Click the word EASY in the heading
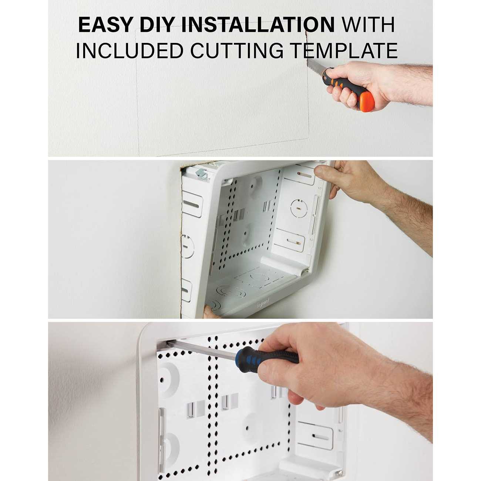[105, 25]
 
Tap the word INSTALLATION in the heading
[258, 25]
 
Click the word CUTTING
[237, 51]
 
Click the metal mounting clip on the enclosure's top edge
[202, 174]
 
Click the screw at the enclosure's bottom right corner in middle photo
[307, 270]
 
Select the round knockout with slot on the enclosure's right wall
[299, 208]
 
